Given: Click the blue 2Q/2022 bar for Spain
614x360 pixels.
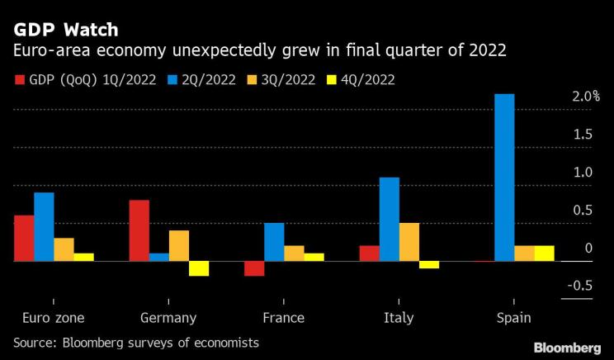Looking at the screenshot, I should [x=504, y=178].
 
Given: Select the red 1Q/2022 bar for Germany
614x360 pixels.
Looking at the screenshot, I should [x=139, y=230].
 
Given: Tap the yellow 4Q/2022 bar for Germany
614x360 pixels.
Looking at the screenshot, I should [x=198, y=268].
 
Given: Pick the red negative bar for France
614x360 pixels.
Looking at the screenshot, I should [x=254, y=268].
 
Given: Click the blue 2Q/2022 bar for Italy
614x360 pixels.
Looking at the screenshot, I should [x=390, y=219].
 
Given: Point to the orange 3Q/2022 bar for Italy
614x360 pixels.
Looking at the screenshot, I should [x=409, y=242].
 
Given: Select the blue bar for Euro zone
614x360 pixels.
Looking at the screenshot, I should [x=44, y=226].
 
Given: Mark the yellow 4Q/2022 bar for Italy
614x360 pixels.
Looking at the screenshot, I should [x=429, y=265].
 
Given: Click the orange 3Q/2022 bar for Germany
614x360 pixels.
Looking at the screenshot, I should [x=179, y=245].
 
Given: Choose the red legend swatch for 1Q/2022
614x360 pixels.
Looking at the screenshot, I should [x=20, y=80].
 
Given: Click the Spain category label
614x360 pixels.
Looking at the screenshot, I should [x=513, y=318].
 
